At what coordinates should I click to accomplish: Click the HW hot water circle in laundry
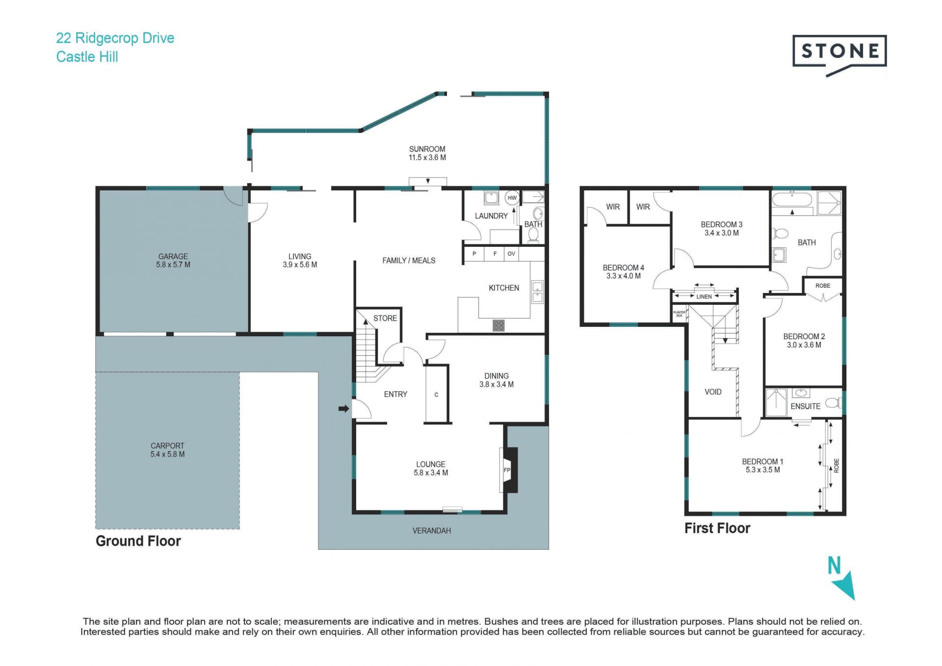(x=512, y=198)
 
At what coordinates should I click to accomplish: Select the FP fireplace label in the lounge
(x=507, y=470)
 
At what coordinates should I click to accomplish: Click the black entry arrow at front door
(x=344, y=408)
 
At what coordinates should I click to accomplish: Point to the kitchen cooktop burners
(x=498, y=325)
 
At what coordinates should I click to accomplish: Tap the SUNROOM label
(x=427, y=149)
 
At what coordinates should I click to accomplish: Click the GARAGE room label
(x=173, y=256)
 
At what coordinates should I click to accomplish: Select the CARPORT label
(x=167, y=446)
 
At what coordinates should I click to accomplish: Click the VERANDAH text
(x=432, y=531)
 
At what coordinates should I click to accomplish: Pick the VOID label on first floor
(x=713, y=392)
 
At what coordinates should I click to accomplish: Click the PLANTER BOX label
(x=680, y=314)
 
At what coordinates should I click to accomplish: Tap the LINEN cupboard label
(x=704, y=296)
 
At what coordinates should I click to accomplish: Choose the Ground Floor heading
(x=138, y=541)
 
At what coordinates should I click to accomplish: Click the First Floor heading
(x=717, y=528)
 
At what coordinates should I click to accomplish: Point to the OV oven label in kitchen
(x=511, y=254)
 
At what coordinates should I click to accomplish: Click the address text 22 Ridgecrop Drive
(x=115, y=38)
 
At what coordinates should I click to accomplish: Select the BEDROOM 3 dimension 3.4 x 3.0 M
(x=722, y=233)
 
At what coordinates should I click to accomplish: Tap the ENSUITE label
(x=806, y=406)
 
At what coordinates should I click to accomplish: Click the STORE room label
(x=385, y=318)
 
